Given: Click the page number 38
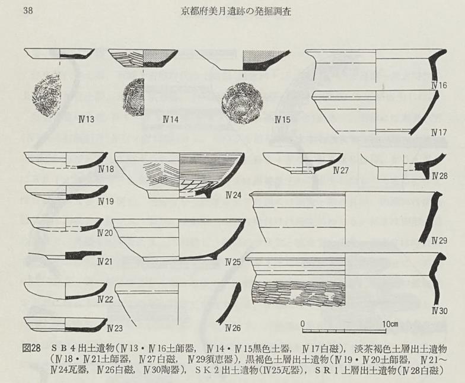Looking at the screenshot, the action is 28,11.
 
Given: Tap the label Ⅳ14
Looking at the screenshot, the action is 170,120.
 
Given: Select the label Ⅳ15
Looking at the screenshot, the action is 282,120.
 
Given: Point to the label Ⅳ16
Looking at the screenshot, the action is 439,85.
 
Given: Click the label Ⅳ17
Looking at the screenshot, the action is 439,132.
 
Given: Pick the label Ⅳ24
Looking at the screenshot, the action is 233,195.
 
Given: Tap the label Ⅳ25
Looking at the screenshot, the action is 233,262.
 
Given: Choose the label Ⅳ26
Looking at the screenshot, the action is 233,328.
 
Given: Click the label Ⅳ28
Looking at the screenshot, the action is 439,176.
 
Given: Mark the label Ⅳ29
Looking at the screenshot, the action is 439,241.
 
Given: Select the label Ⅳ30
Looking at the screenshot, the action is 439,311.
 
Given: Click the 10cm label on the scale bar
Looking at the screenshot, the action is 390,324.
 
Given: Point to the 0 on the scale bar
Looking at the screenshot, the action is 302,324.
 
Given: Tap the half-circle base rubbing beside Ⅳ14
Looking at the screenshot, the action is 133,97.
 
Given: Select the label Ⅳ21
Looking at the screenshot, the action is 106,262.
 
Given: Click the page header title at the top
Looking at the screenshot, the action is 236,11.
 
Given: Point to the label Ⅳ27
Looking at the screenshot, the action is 341,171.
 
